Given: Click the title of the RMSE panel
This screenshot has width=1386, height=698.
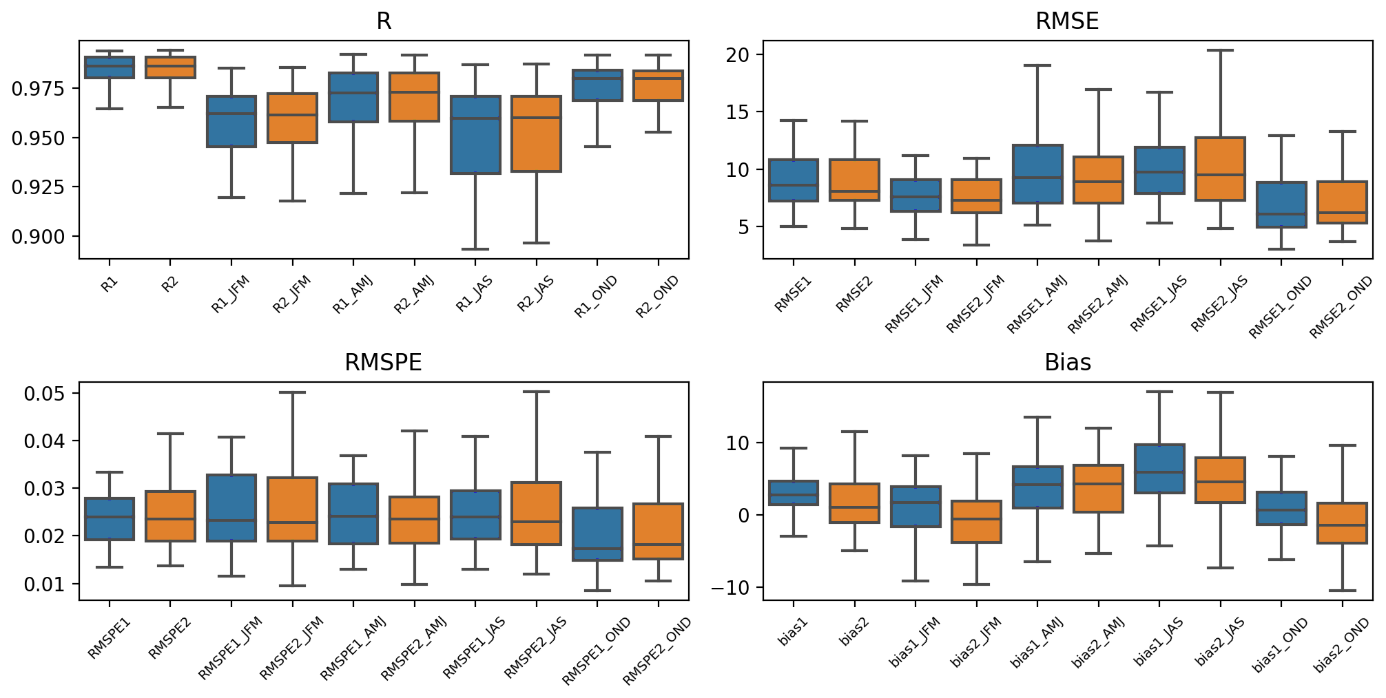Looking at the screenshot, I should (x=1066, y=21).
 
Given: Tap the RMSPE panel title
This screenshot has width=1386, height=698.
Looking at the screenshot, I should (x=383, y=362).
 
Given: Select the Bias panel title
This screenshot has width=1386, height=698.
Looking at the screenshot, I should (x=1067, y=362).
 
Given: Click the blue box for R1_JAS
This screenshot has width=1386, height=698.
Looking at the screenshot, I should (x=475, y=135).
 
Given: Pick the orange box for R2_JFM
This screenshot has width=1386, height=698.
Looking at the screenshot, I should (x=293, y=118).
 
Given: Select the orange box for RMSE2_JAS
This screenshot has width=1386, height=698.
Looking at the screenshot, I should (x=1220, y=169).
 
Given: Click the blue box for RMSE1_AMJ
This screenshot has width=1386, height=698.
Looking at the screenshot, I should (x=1037, y=174).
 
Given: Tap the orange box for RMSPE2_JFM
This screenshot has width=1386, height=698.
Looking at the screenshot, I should (x=293, y=509).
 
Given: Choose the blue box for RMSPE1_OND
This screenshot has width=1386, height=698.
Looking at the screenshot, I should (x=597, y=534).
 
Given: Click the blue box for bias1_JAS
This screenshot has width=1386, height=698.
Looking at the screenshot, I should (x=1159, y=469).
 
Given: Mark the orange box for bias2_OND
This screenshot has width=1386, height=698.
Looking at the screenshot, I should (x=1342, y=523).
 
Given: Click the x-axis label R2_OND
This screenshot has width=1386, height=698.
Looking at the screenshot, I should (x=657, y=297).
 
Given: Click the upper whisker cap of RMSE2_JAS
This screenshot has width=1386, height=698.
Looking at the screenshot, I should (x=1220, y=50).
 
